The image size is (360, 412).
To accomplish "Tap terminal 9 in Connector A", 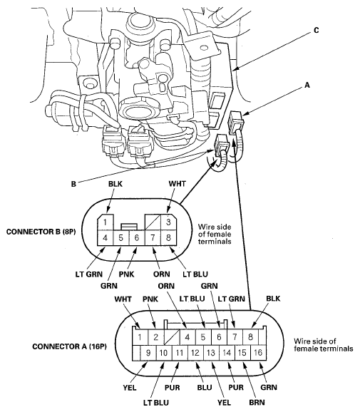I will click(148, 353).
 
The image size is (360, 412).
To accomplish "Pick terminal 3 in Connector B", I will click(168, 221).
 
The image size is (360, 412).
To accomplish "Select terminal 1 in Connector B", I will click(106, 221).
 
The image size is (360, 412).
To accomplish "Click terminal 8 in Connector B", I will click(168, 237).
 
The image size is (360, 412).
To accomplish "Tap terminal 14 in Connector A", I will click(227, 353).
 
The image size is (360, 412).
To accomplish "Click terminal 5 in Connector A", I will click(202, 336).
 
